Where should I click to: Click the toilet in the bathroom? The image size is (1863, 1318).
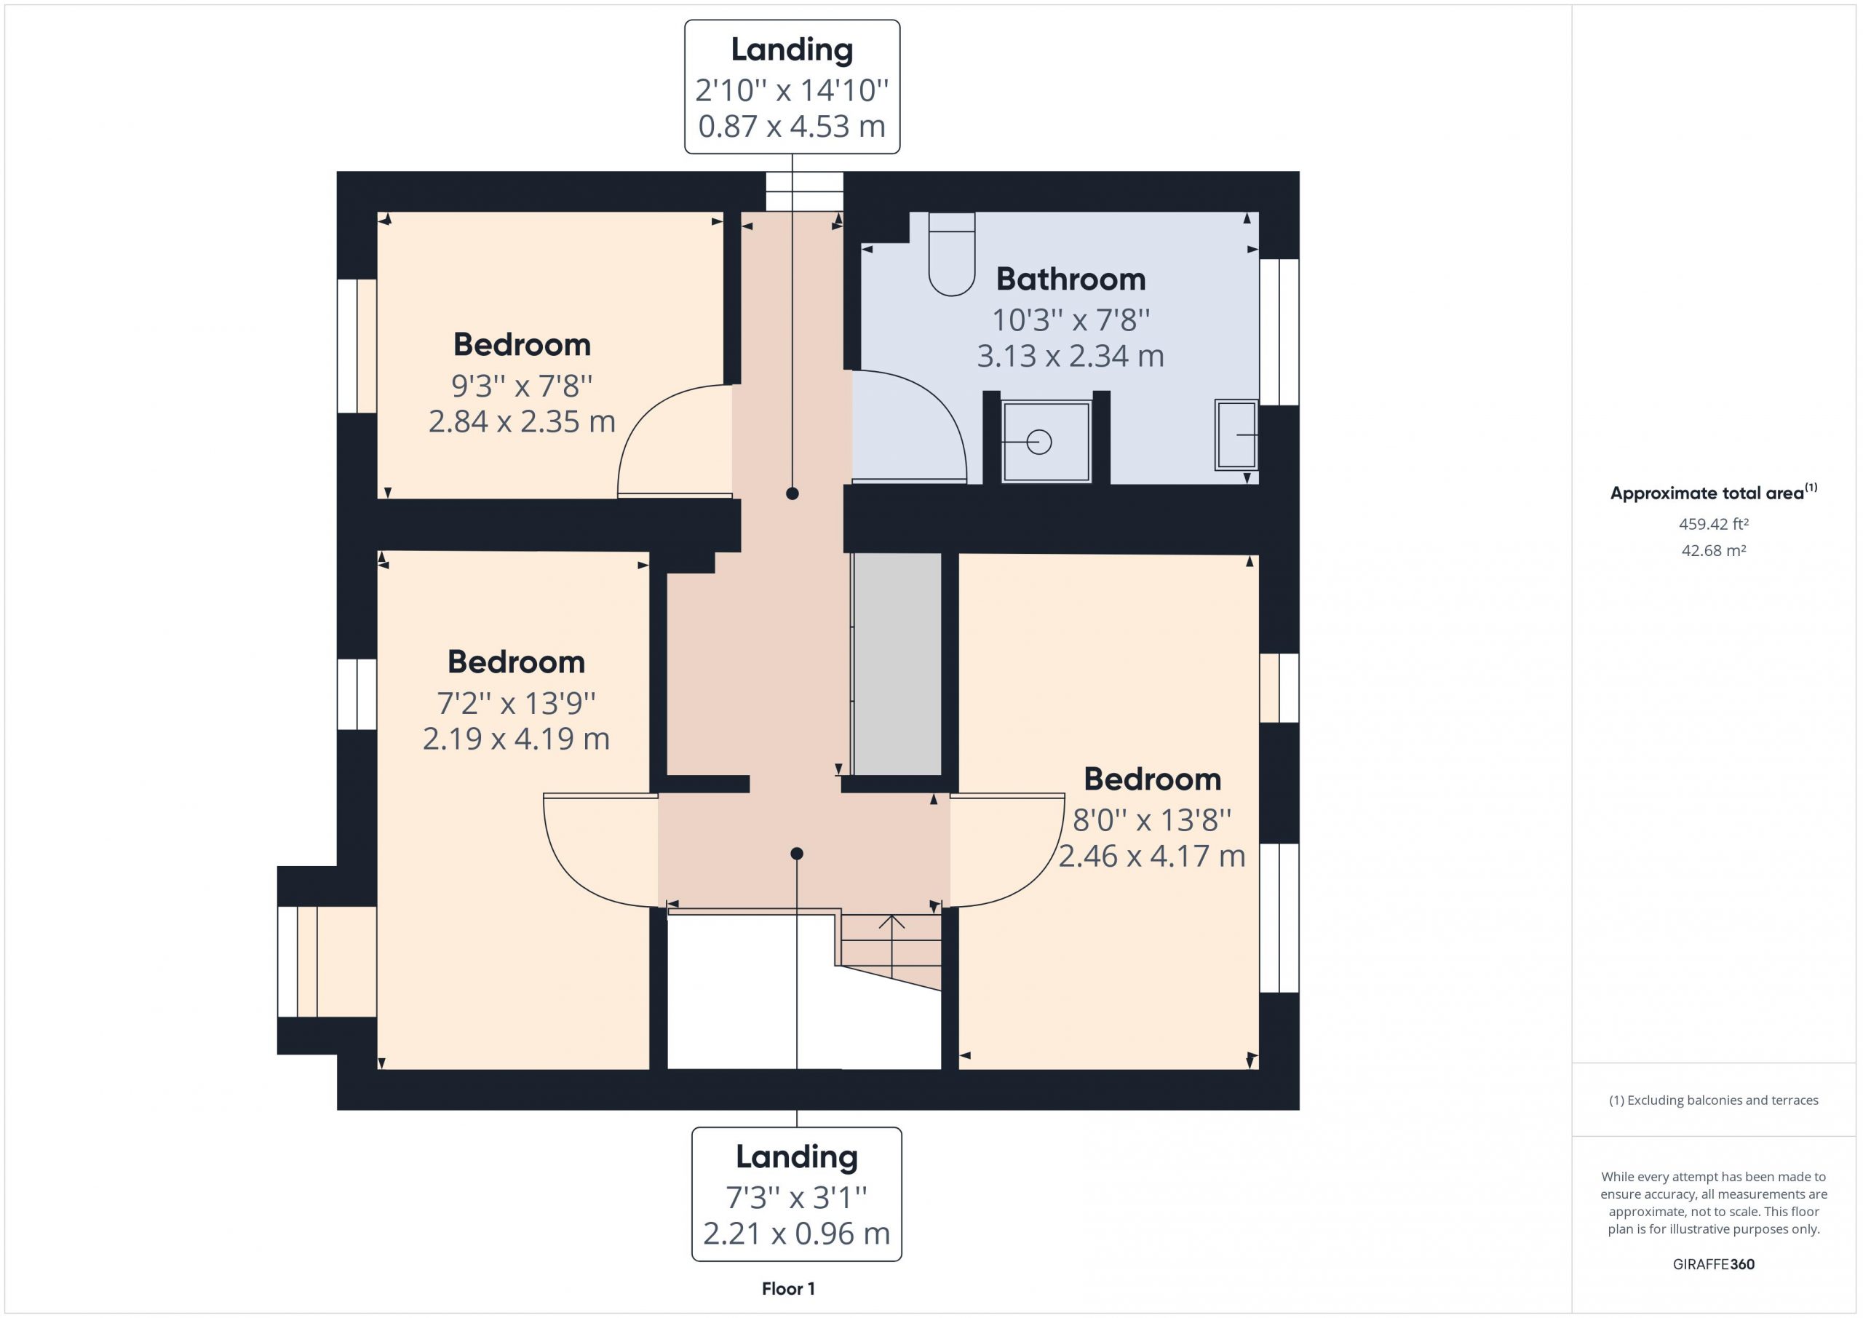[x=952, y=253]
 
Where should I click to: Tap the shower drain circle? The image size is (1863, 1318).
[x=1039, y=442]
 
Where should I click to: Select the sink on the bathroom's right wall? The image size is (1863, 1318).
[x=1236, y=435]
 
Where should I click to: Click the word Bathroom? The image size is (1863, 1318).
[x=1071, y=279]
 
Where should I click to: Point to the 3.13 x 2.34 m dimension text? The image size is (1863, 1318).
[x=1071, y=357]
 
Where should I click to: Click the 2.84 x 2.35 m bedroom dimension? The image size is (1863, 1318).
[x=522, y=422]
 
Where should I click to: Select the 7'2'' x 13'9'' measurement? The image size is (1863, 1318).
[x=516, y=703]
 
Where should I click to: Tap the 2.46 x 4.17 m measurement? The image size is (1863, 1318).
[x=1152, y=856]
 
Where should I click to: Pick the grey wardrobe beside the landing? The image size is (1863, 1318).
[x=897, y=664]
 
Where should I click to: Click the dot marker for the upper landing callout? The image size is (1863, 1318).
[x=793, y=493]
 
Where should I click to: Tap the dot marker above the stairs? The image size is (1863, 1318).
[x=797, y=854]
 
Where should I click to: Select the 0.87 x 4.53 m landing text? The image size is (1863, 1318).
[x=792, y=127]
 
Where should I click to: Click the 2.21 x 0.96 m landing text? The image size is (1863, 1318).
[x=797, y=1234]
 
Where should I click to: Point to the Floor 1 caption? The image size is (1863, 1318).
[x=789, y=1289]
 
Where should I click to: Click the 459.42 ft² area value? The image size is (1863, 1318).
[x=1714, y=524]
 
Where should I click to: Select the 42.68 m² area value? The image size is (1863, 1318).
[x=1714, y=550]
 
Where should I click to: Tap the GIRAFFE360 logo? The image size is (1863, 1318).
[x=1714, y=1264]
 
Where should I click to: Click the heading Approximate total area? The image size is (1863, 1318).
[x=1707, y=493]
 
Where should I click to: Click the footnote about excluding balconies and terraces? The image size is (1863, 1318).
[x=1714, y=1100]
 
